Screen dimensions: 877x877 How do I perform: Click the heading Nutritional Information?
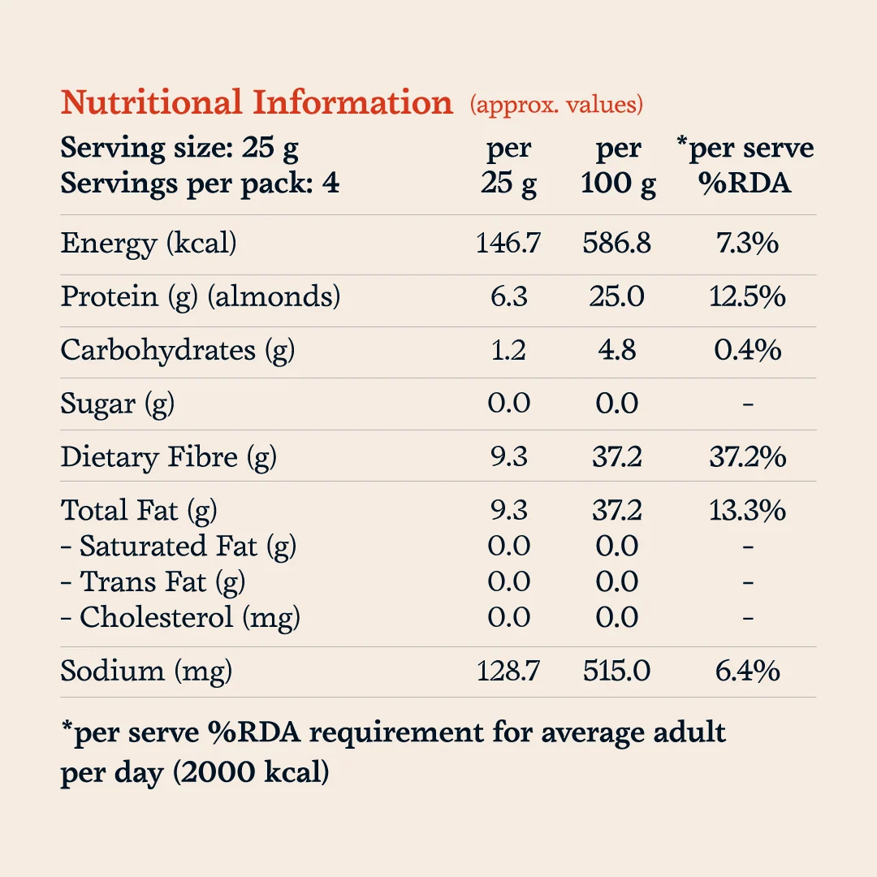(257, 102)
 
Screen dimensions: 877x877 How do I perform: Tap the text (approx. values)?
(556, 105)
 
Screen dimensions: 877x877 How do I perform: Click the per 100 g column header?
(618, 166)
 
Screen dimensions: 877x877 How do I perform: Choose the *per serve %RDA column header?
(745, 165)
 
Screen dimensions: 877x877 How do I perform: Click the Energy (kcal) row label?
(149, 244)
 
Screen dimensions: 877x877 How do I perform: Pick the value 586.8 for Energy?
(616, 244)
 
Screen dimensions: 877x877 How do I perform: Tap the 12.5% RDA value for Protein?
(747, 296)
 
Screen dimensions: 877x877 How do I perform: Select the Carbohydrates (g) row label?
(178, 351)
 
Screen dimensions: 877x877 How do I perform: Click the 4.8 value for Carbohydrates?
(617, 350)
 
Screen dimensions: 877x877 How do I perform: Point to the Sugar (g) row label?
(118, 404)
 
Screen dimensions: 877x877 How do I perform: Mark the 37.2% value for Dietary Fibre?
(748, 457)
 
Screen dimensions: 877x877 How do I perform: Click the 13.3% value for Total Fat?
(747, 510)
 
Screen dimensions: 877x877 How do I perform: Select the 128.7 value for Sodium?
(508, 671)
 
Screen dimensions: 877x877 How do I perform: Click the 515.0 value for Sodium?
(616, 671)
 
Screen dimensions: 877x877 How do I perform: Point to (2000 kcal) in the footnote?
(251, 772)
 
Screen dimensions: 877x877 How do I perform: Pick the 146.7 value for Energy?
(508, 244)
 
